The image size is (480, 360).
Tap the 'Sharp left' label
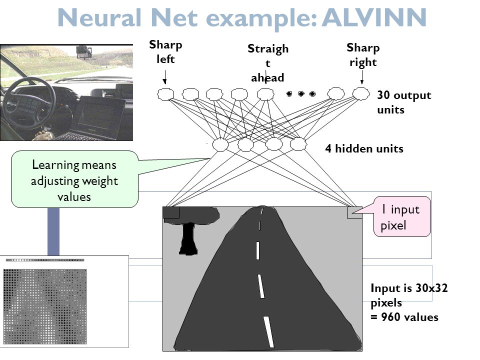165,52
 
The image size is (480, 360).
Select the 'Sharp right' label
362,55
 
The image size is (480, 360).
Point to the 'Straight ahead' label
267,63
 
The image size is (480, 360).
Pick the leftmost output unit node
165,93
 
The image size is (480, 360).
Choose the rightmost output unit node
360,93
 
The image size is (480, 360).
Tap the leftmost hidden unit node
220,144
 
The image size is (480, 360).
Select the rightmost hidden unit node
298,144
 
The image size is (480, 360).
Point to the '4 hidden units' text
364,149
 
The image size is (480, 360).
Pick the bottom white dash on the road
269,331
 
